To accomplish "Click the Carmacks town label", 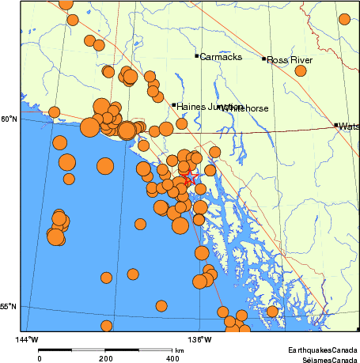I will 216,57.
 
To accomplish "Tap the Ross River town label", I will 290,60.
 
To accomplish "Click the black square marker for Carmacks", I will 196,55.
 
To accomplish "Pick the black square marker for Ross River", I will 264,59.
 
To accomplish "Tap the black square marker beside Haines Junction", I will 174,104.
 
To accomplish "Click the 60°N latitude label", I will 8,119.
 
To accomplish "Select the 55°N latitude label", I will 8,307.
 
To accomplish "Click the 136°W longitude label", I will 202,339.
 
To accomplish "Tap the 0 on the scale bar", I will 40,359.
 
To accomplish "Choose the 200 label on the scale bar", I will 106,359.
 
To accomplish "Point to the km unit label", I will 180,350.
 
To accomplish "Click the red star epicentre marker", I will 188,179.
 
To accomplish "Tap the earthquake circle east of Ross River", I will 301,70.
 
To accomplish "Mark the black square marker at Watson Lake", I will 336,124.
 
